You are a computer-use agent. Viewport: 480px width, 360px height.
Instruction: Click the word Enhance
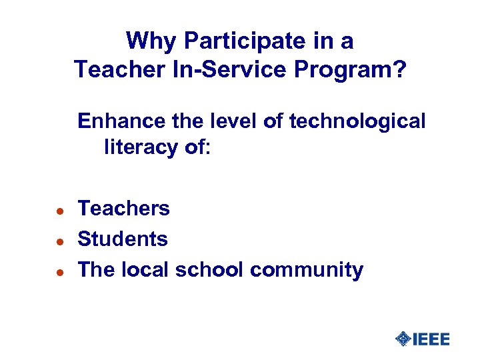point(115,121)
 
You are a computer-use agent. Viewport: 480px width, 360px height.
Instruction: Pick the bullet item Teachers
point(124,209)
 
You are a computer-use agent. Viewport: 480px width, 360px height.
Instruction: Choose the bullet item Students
point(123,239)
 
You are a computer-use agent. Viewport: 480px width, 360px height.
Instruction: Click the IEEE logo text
point(431,339)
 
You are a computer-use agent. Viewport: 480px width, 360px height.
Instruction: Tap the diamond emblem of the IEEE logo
point(403,339)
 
